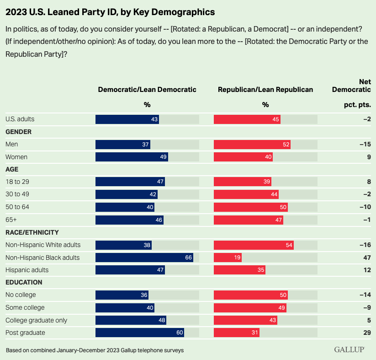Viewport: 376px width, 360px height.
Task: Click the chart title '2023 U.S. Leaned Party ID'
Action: coord(110,11)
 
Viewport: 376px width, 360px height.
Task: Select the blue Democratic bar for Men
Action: coord(122,145)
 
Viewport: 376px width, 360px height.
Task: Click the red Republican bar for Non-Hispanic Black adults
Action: coord(228,258)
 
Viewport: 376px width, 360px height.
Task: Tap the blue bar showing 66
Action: coord(144,258)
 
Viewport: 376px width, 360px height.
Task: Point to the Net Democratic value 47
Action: coord(366,258)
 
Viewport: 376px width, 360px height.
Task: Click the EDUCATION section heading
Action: coord(24,282)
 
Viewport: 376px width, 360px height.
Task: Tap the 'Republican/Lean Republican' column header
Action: coord(265,90)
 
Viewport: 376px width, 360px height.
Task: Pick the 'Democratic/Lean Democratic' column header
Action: coord(147,90)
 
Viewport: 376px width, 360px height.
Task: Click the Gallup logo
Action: coord(349,350)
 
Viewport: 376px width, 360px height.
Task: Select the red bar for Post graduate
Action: coord(237,333)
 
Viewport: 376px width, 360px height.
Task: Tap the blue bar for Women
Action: coord(132,157)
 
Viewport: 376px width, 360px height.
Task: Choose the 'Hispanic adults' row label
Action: coord(27,270)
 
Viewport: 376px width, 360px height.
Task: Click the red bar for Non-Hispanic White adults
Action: coord(254,245)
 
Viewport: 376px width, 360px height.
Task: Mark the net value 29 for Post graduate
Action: coord(366,333)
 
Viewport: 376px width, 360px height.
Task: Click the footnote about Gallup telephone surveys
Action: coord(95,350)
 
